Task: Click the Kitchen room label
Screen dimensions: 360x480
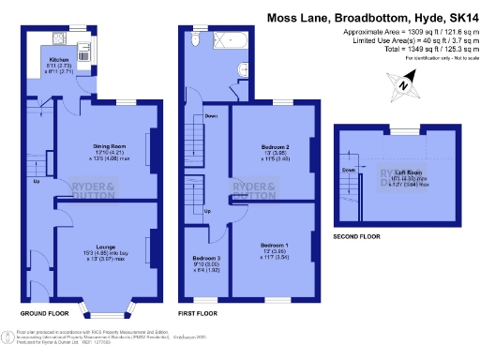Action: point(59,58)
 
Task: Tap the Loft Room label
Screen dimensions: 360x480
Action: point(406,173)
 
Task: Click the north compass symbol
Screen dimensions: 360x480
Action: point(400,86)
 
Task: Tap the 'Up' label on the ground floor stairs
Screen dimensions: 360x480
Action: point(37,182)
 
